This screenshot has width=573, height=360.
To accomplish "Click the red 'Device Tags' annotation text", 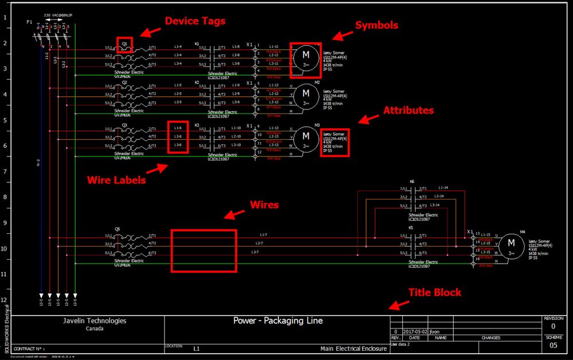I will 195,21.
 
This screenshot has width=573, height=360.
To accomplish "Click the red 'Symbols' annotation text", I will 376,25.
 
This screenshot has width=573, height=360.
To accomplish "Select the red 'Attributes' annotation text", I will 408,110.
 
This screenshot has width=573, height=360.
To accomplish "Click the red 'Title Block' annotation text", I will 434,292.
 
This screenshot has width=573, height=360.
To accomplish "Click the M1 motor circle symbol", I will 305,59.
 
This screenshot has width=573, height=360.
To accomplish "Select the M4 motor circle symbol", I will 510,247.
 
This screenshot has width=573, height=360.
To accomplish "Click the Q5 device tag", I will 117,228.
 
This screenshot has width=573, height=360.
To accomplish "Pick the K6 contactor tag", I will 412,181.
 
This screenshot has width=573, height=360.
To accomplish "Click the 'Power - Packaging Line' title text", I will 274,320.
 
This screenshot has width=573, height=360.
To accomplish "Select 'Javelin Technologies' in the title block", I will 95,321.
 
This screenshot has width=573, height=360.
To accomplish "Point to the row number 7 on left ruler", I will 5,171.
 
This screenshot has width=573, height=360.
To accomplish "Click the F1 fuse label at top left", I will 29,22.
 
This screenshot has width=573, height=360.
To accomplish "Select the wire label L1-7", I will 263,234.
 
